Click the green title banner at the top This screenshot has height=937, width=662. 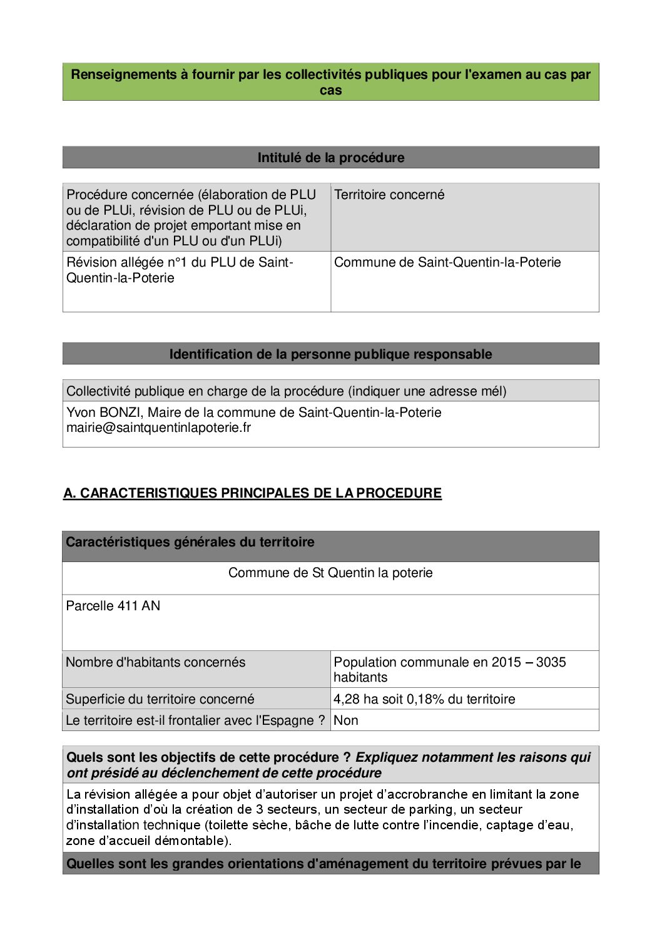pos(330,82)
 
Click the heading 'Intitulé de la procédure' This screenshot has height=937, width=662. pos(330,158)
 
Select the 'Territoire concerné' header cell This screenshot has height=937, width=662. pos(389,195)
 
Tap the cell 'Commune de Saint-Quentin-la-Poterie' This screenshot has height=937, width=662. pos(447,262)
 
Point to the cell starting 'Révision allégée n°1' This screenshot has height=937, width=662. pos(180,270)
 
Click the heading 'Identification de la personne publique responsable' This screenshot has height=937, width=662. pos(330,354)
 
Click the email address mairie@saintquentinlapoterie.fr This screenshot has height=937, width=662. pos(158,428)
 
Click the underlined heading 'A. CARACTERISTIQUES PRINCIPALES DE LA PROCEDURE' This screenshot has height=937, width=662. pos(252,493)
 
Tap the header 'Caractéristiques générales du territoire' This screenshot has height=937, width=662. pos(190,542)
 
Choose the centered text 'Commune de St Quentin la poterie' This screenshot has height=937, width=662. pos(330,573)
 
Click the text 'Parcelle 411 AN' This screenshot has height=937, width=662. pos(113,606)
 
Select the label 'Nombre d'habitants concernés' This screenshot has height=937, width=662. pos(156,662)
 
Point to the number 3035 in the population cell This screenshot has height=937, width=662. pos(551,662)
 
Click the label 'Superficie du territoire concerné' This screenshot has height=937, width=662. pos(160,699)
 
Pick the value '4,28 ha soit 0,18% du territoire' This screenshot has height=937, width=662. pos(424,699)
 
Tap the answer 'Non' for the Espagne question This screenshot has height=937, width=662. pos(346,720)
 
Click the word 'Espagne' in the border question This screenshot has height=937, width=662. pos(289,720)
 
